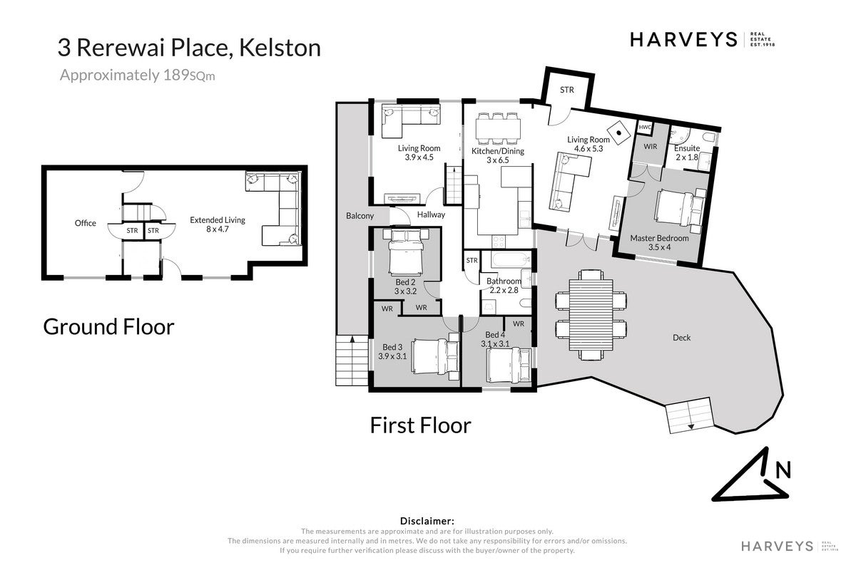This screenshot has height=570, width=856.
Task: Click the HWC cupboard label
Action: coord(645,127)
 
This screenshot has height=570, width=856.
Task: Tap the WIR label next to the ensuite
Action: coord(650,147)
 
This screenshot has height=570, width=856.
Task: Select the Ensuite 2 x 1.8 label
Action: coord(687,152)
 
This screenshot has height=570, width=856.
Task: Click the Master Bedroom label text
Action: coord(659,238)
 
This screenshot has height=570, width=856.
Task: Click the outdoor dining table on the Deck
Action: coord(591,315)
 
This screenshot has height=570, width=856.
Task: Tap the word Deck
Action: coord(681,338)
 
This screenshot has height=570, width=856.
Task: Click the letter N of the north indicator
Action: coord(783,470)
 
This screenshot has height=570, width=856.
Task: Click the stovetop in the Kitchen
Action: coord(499,241)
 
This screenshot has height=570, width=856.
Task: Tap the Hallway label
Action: coord(431,214)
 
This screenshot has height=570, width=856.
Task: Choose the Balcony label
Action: coord(360,216)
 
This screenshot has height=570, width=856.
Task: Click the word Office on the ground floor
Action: coord(85,223)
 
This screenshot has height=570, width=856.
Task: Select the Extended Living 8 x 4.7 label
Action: coord(218,224)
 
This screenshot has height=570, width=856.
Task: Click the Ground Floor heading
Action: coord(108,327)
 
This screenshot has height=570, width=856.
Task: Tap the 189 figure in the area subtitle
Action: coord(176,75)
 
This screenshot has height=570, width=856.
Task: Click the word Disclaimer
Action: coord(427,521)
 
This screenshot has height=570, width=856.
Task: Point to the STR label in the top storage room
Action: coord(566,90)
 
